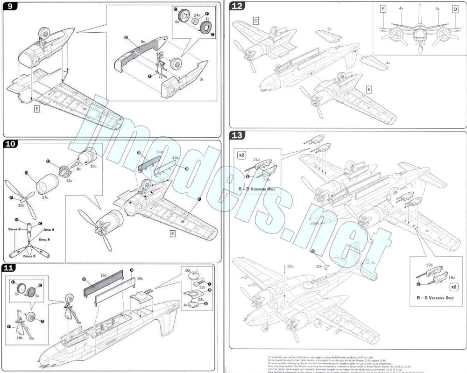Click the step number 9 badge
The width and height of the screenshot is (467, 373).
coord(10,7)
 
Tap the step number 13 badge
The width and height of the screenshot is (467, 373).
coord(238,135)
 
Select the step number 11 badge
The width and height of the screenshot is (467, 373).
coord(10,267)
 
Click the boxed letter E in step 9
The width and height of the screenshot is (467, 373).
coord(36,108)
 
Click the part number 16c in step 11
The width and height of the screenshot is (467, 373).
coord(188,270)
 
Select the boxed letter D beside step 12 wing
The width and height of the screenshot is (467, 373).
coord(256,21)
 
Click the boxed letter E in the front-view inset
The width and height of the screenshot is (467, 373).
coord(383,8)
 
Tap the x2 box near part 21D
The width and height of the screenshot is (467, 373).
coord(242,155)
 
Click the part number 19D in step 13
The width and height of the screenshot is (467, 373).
coord(429,265)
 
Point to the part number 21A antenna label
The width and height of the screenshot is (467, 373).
coord(290,267)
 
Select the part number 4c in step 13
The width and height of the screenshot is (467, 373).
coord(373,263)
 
